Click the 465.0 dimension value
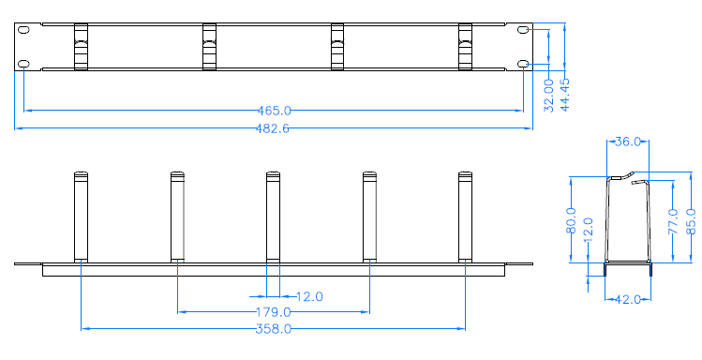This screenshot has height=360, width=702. coord(274,110)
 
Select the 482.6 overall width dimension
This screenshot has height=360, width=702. coord(273,128)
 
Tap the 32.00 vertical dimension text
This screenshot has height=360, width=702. coord(549,96)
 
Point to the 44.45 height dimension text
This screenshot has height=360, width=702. coord(565,95)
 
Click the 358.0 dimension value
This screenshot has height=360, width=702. coord(274,329)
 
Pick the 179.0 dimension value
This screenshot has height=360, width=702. coord(274,312)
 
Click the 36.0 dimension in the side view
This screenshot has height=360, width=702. coord(628,142)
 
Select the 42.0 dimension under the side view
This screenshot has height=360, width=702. coord(628,300)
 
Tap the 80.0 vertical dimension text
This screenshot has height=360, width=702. coord(571,220)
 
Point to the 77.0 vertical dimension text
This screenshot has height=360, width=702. coord(673,221)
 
